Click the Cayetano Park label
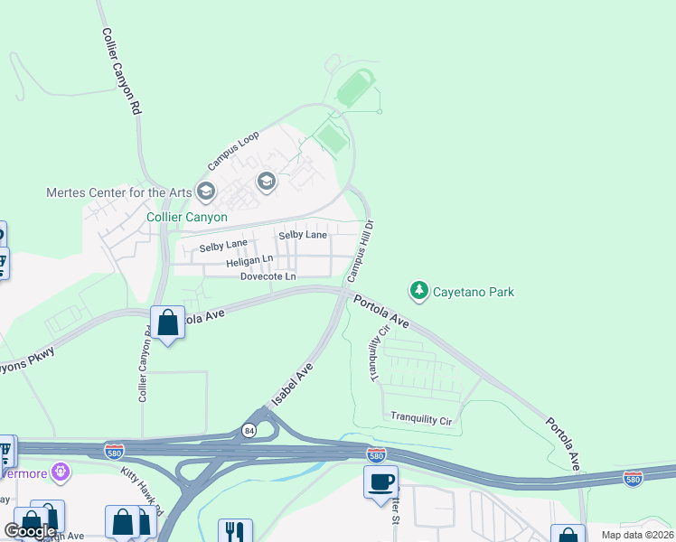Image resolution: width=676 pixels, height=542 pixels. pyautogui.click(x=474, y=292)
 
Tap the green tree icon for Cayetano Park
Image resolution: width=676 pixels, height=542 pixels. pyautogui.click(x=418, y=291)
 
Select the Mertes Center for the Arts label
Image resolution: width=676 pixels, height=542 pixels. pyautogui.click(x=118, y=192)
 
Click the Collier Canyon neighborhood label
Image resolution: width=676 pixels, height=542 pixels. pyautogui.click(x=187, y=218)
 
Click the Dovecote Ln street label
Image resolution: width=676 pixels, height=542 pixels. pyautogui.click(x=268, y=276)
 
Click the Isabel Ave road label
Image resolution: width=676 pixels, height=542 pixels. pyautogui.click(x=293, y=385)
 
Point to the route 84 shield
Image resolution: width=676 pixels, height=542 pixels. pyautogui.click(x=249, y=431)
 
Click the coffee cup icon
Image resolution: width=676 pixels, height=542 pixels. pyautogui.click(x=380, y=481)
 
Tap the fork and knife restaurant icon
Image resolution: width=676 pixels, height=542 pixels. pyautogui.click(x=234, y=530)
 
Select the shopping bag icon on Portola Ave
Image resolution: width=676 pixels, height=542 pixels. pyautogui.click(x=168, y=322)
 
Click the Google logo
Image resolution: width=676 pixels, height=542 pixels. pyautogui.click(x=31, y=531)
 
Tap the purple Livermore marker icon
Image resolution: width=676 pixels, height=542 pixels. pyautogui.click(x=61, y=471)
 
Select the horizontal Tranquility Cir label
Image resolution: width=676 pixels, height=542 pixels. pyautogui.click(x=420, y=418)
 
